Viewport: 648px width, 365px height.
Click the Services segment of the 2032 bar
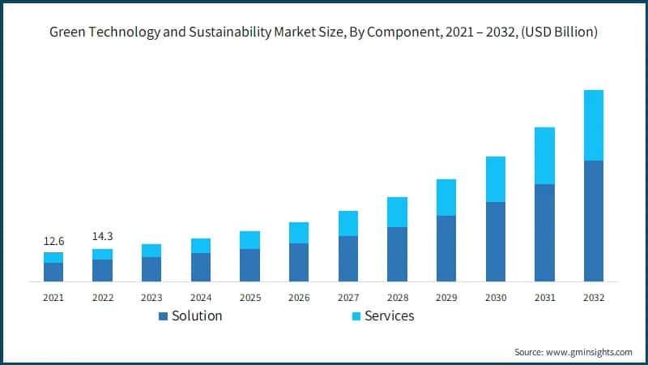[x=594, y=125]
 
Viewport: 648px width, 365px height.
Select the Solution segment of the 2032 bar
[x=594, y=221]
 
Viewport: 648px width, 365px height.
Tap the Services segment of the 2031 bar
[x=544, y=156]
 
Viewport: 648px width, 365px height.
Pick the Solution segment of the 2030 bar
[x=496, y=241]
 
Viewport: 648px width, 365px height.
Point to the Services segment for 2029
[x=446, y=197]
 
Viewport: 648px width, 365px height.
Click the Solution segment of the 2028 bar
[x=397, y=254]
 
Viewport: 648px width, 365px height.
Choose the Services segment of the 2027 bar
[x=348, y=223]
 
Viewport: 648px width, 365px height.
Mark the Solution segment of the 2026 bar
[x=299, y=262]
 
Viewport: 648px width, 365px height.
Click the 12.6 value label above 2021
[x=53, y=240]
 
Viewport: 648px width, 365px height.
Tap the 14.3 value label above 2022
[x=103, y=237]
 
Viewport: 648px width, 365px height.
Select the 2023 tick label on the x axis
[x=151, y=298]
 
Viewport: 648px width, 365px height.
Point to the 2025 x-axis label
[x=250, y=298]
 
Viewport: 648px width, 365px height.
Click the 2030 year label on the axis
[x=496, y=298]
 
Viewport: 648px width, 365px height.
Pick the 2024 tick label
[x=201, y=298]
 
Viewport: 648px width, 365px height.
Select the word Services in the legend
[x=390, y=316]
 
